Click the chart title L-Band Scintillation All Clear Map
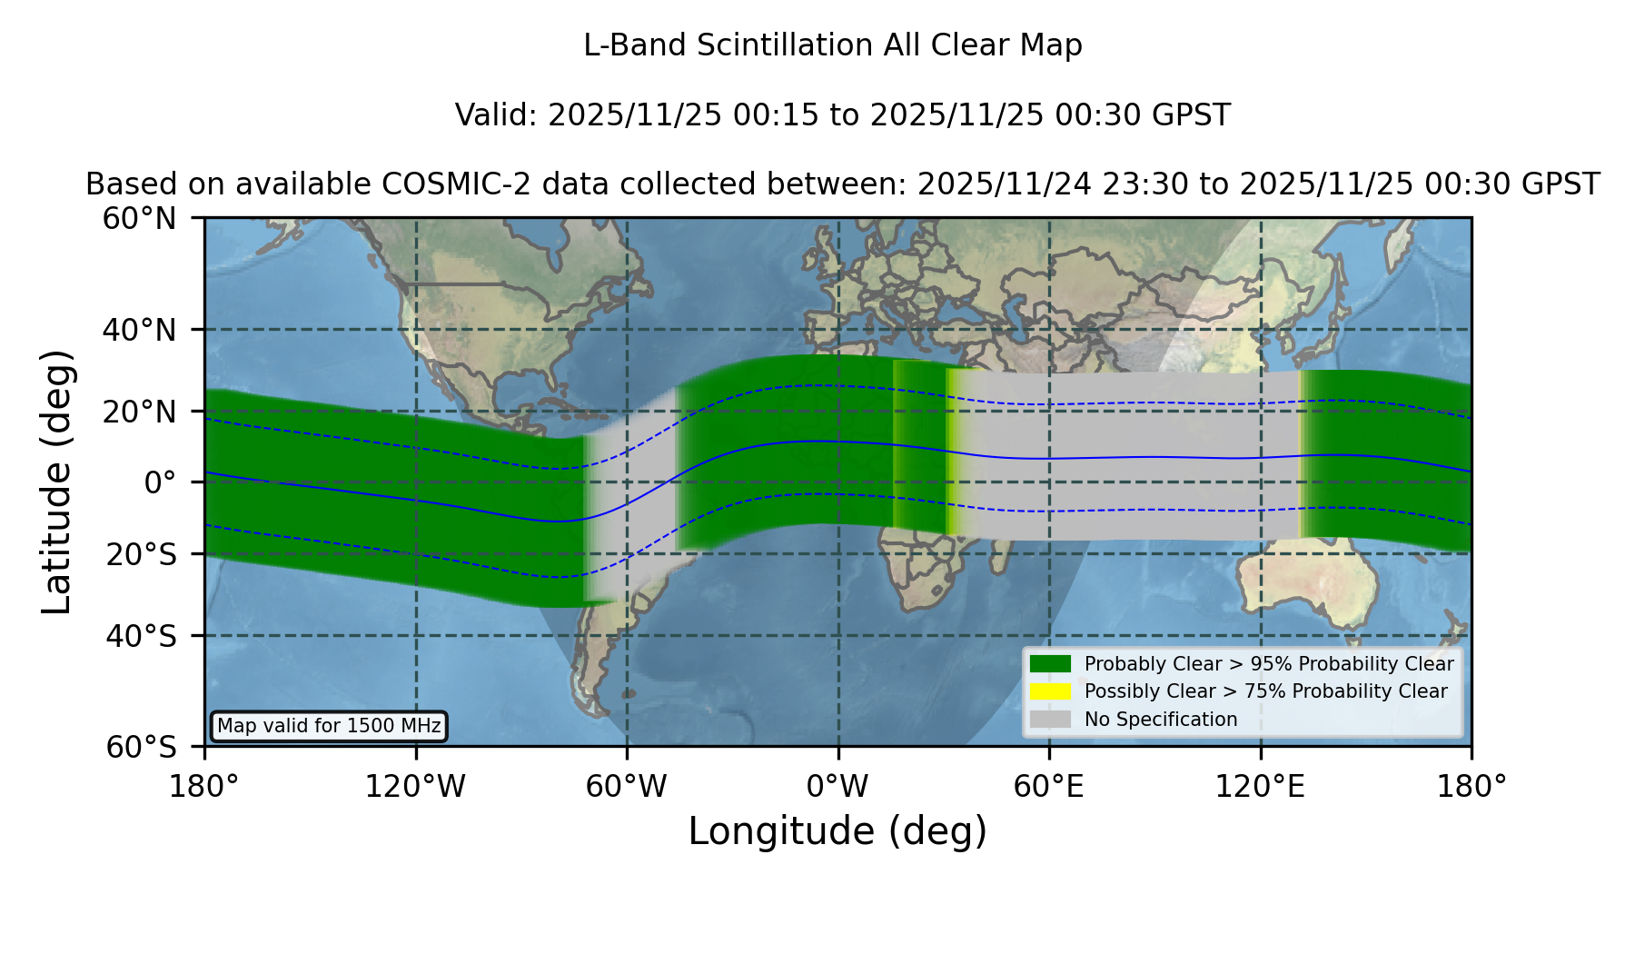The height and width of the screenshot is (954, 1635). click(832, 45)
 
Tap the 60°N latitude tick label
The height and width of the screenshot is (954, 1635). click(139, 219)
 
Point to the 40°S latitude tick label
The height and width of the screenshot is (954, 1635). click(141, 636)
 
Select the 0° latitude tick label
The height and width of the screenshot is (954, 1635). click(160, 482)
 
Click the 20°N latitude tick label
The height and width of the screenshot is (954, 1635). click(139, 412)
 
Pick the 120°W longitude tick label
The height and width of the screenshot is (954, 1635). click(415, 786)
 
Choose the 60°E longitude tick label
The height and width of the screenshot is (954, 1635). click(1049, 786)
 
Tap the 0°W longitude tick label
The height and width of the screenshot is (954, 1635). click(837, 786)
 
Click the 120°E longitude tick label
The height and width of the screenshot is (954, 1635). click(1260, 786)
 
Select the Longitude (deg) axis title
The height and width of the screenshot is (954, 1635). click(837, 831)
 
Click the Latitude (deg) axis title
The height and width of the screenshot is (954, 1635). click(57, 482)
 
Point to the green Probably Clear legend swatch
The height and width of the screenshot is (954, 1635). click(1051, 663)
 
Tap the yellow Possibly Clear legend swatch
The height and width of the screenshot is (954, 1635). click(1051, 691)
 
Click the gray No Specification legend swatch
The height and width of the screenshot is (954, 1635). click(1051, 719)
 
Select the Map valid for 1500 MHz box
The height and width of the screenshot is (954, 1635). click(329, 726)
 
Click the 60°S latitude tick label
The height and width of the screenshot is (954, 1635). click(141, 747)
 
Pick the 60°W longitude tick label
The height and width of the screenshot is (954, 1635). click(627, 786)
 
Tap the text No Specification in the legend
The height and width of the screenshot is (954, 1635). click(1161, 720)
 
